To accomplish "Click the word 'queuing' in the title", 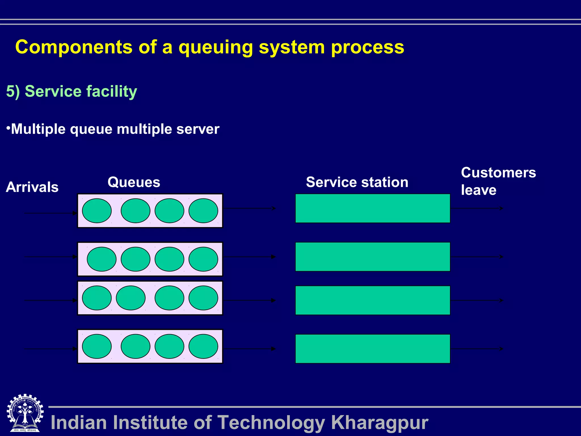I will click(x=216, y=48).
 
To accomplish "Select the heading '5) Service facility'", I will click(x=71, y=91).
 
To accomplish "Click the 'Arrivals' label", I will click(x=32, y=187).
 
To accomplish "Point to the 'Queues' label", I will click(x=134, y=182).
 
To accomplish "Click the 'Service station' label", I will click(x=357, y=182).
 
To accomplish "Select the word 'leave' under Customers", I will click(x=479, y=190).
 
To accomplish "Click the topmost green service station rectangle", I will click(x=372, y=208).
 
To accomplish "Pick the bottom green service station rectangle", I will click(x=372, y=349).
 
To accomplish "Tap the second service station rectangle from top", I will click(x=372, y=257).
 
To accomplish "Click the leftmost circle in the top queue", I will click(x=97, y=211).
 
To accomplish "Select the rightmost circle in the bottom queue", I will click(x=203, y=346).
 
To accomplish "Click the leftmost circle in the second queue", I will click(x=102, y=259).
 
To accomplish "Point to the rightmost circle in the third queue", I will click(x=203, y=298).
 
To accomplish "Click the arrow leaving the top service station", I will click(x=477, y=208).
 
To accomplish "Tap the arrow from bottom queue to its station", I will click(x=250, y=349).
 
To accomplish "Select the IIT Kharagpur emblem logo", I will click(x=25, y=413).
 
